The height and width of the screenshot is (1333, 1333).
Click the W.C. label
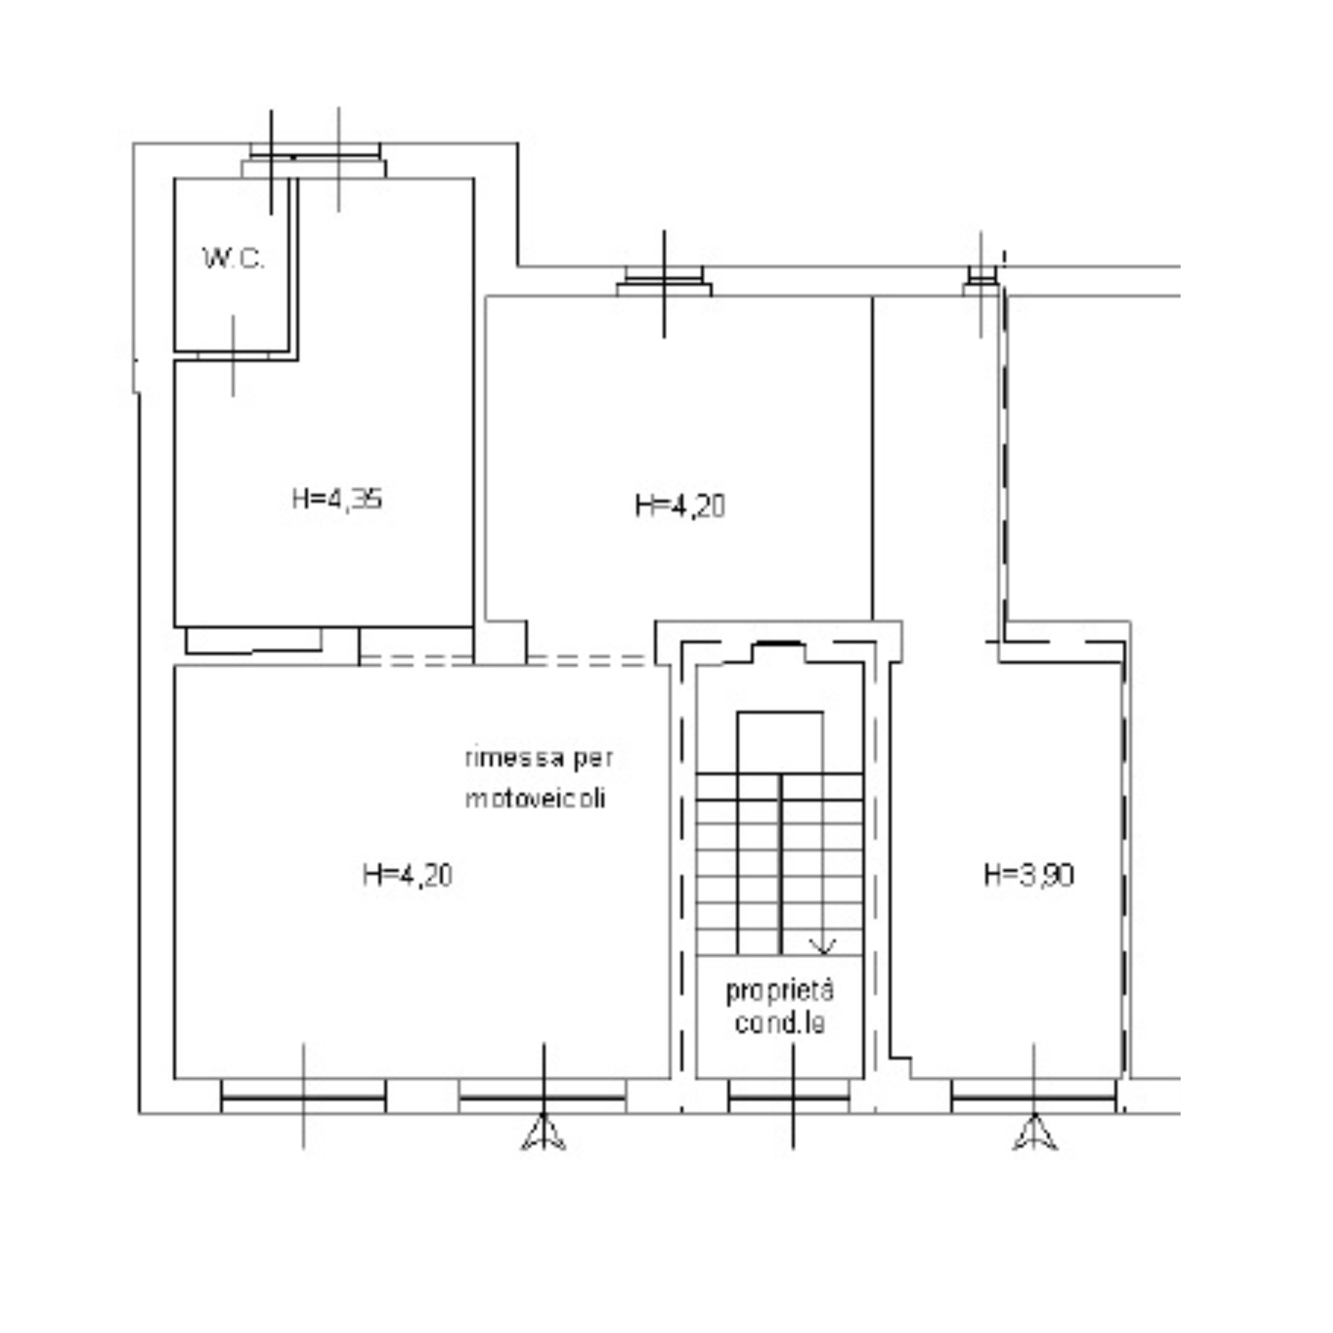tap(233, 259)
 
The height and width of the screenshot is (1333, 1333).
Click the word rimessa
tap(513, 758)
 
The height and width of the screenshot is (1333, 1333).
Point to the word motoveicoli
tap(535, 798)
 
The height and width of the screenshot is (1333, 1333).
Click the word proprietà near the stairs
tap(779, 992)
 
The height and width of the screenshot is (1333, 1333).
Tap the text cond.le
tap(779, 1023)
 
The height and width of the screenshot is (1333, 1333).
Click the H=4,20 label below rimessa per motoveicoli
tap(407, 875)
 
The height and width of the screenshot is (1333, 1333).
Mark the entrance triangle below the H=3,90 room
tap(1034, 1134)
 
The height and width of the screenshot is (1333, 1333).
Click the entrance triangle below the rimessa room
tap(544, 1134)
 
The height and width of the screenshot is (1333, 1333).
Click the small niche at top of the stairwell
tap(779, 652)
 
